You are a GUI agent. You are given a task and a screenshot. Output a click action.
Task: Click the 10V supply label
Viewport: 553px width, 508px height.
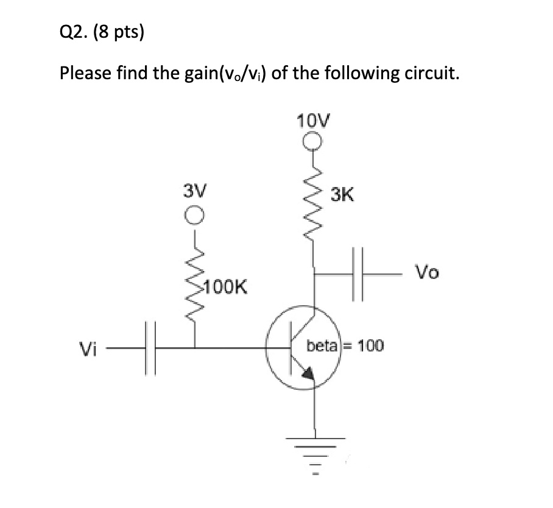click(x=314, y=120)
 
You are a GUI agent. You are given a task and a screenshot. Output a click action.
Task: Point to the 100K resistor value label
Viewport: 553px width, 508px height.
click(x=225, y=286)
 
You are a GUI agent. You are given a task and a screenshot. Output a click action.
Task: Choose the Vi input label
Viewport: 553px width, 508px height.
click(x=88, y=349)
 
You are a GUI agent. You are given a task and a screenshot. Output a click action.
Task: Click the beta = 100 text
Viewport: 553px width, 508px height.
click(x=345, y=346)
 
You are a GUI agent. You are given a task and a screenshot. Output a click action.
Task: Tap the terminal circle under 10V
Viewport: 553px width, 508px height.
click(x=313, y=142)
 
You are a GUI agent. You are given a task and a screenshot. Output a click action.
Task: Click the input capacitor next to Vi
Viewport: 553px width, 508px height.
click(x=150, y=348)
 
